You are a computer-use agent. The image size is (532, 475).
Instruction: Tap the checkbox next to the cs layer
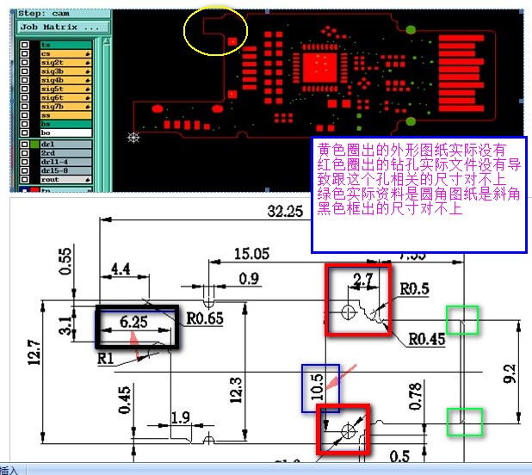24,53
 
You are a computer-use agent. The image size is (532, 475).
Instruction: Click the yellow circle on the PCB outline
216,33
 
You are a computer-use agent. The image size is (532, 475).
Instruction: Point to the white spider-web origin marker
133,137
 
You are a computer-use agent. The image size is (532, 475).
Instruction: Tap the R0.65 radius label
205,319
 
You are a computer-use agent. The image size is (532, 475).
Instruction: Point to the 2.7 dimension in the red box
362,278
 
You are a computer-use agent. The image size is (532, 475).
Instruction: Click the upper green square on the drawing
462,318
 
